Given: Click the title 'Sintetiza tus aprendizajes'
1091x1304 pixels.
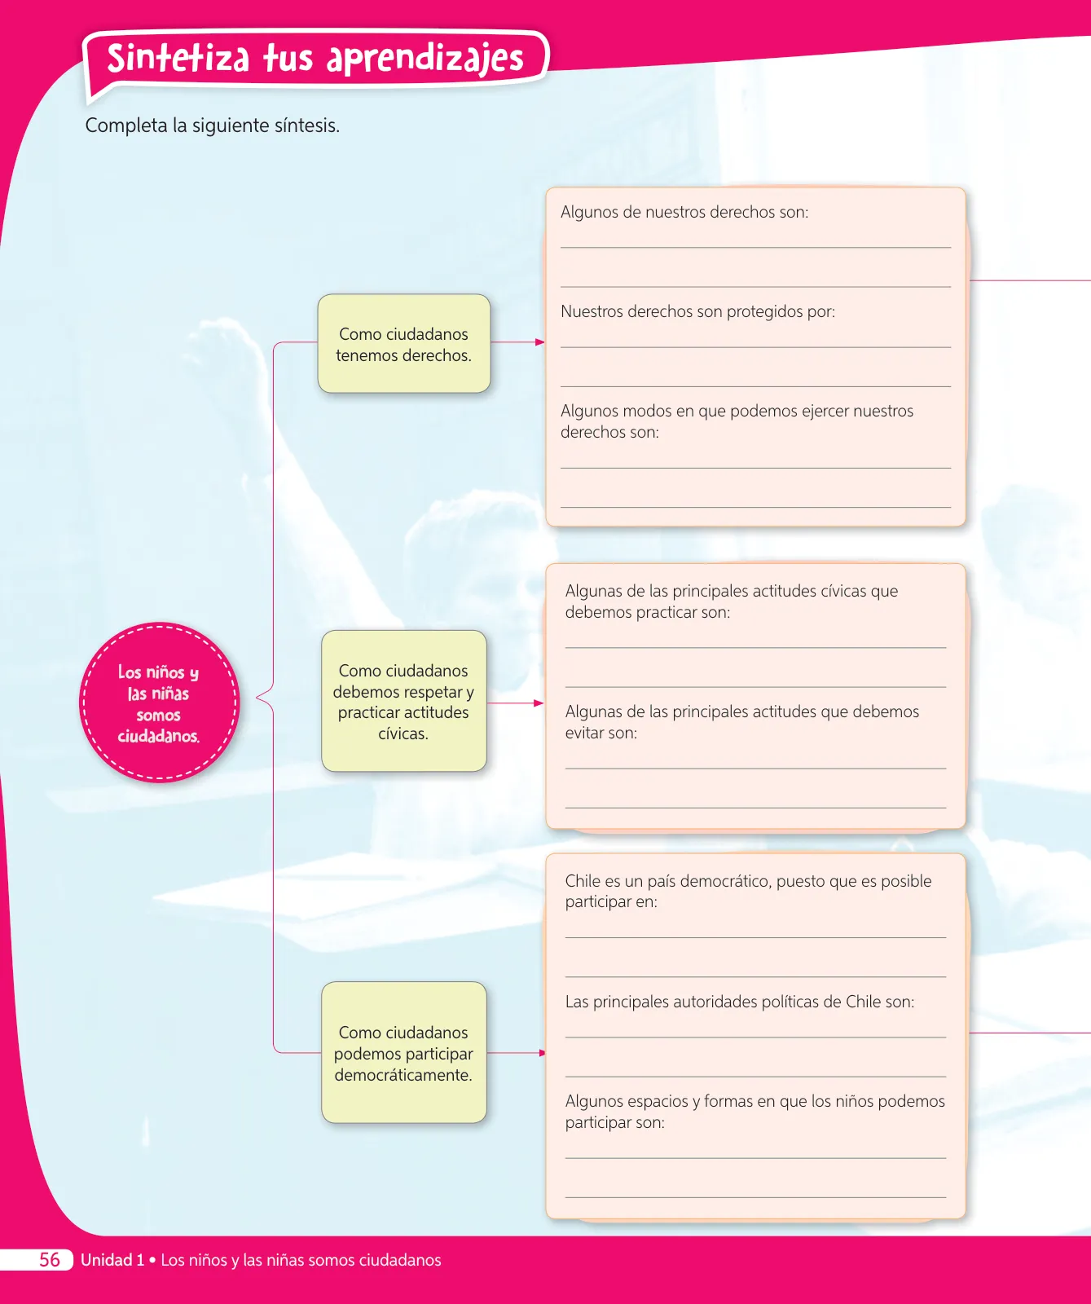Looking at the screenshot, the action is point(315,58).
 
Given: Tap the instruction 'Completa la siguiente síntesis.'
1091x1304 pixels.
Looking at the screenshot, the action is point(213,126).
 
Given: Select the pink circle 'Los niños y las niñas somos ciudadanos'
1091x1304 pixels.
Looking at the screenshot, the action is point(159,703).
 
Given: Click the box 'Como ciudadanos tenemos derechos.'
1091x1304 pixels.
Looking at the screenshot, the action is point(404,344).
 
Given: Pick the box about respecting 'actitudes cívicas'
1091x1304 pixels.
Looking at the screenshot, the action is point(404,701).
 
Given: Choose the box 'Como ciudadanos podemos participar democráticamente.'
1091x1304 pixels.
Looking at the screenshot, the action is point(404,1052).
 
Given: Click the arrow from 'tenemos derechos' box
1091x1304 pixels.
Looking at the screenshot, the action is point(517,342).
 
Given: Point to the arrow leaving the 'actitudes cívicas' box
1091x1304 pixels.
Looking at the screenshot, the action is point(515,703).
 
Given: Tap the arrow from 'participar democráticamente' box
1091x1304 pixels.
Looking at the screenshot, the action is point(516,1053).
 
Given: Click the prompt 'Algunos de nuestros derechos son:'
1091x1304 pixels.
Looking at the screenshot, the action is point(684,212).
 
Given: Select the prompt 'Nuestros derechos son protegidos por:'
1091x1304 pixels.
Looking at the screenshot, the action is point(697,311).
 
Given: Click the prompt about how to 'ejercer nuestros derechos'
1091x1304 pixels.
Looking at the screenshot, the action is point(737,421).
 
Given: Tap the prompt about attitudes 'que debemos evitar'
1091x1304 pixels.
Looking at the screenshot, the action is point(742,722).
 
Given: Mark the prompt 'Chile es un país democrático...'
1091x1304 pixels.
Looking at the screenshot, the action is point(748,891).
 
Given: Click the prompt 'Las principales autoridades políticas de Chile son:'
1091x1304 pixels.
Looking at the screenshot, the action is point(740,1002).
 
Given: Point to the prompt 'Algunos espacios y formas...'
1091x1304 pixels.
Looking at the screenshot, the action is point(755,1112).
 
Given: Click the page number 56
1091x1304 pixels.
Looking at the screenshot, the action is point(50,1260).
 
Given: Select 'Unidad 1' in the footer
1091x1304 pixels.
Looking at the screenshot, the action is point(112,1260).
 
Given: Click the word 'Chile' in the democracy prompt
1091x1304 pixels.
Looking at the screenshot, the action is point(583,881).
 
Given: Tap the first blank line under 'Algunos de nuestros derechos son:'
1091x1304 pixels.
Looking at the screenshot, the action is point(755,247).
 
